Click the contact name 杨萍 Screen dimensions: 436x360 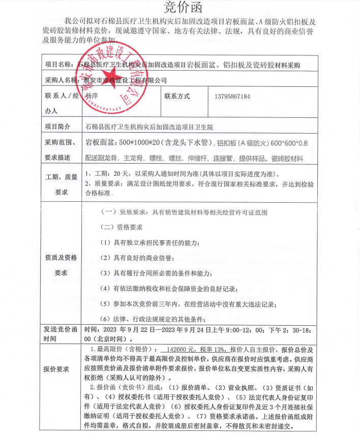[93, 96]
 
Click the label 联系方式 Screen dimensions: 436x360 [177, 96]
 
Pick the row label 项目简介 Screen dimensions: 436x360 [59, 126]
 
